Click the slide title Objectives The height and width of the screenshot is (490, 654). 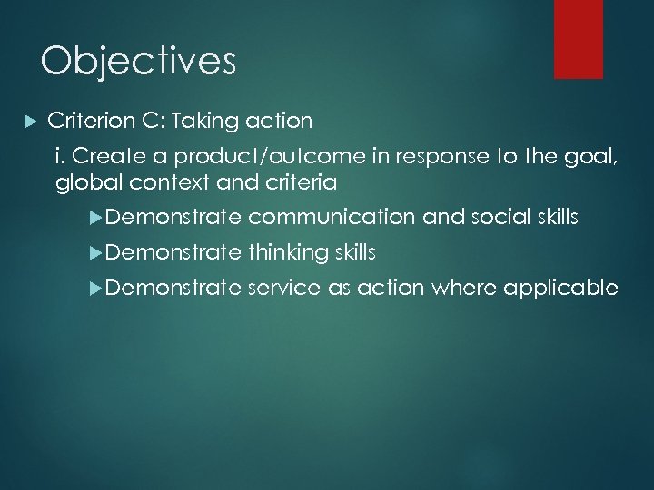[138, 62]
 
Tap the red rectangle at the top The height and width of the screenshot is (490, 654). [579, 38]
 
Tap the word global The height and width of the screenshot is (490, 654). [84, 182]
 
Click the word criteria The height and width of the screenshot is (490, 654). [301, 182]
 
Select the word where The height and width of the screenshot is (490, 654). [461, 289]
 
